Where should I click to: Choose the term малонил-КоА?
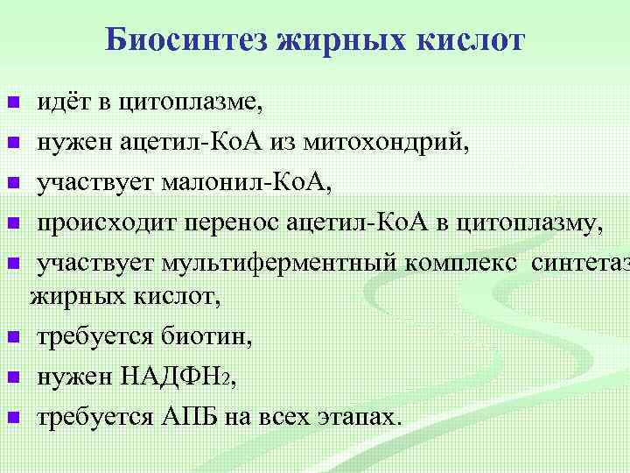(252, 182)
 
